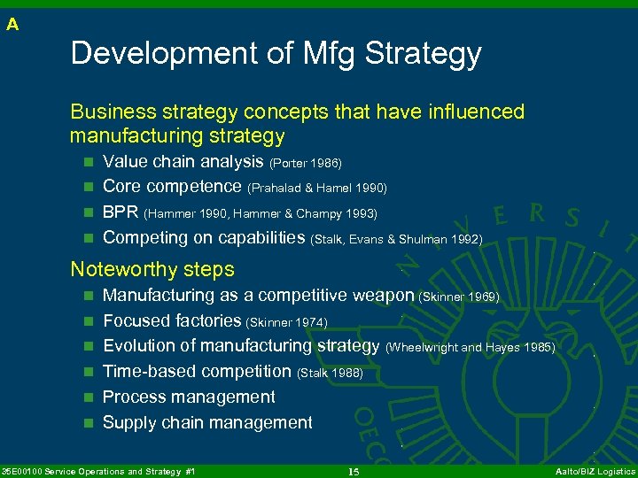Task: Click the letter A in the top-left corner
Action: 12,25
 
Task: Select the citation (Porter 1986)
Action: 305,163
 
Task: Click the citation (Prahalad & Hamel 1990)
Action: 317,189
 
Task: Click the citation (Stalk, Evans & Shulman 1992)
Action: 397,239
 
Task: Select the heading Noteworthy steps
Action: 152,269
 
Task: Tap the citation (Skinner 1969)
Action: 459,297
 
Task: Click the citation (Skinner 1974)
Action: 286,322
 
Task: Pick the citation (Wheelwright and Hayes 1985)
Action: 470,348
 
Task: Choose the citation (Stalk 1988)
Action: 330,374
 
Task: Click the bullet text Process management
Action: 189,397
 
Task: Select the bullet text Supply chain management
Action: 207,423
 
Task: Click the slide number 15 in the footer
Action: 353,472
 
